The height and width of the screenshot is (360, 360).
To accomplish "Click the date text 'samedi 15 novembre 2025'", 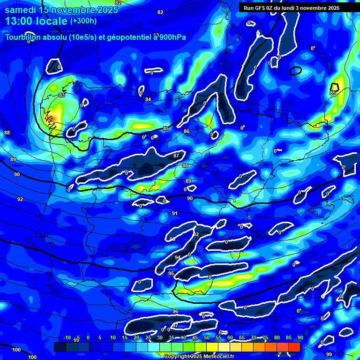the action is click(x=61, y=10).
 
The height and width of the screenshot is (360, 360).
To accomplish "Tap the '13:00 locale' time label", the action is click(x=36, y=21).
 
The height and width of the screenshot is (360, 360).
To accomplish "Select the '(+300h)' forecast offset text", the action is click(x=83, y=21).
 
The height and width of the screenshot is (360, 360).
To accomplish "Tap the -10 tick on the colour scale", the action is click(x=67, y=337).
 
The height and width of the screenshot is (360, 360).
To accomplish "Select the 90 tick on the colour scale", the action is click(x=300, y=337).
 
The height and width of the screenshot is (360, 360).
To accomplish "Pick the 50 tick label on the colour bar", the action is click(x=206, y=337).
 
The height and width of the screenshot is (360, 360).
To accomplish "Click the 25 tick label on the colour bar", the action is click(x=148, y=337).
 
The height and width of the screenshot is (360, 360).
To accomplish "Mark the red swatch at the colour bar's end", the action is click(x=294, y=347).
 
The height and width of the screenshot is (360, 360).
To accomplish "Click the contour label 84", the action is click(x=148, y=99).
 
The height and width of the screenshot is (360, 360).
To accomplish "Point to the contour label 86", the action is click(x=187, y=132).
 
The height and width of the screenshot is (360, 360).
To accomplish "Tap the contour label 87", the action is click(x=176, y=156).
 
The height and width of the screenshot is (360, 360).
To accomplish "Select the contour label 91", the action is click(x=174, y=213).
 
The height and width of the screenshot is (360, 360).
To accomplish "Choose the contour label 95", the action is click(x=171, y=273).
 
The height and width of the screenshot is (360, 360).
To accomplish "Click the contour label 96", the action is click(x=175, y=311).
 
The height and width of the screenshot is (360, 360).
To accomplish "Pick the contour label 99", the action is click(x=329, y=354).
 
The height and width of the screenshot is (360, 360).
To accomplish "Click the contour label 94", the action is click(x=177, y=258).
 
